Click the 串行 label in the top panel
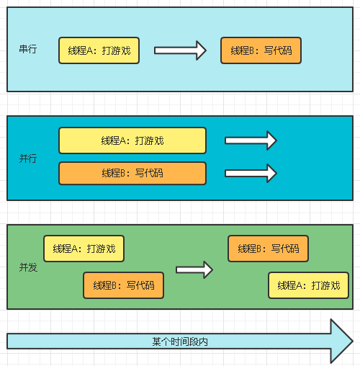pyautogui.click(x=28, y=49)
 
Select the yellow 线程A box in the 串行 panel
pyautogui.click(x=99, y=50)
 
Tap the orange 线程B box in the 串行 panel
pyautogui.click(x=261, y=50)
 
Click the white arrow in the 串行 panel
pyautogui.click(x=180, y=50)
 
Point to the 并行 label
pyautogui.click(x=28, y=159)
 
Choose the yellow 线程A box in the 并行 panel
pyautogui.click(x=132, y=140)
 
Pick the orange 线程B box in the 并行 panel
pyautogui.click(x=132, y=173)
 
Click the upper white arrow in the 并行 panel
pyautogui.click(x=251, y=140)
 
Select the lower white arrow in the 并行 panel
pyautogui.click(x=251, y=173)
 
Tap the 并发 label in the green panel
pyautogui.click(x=28, y=267)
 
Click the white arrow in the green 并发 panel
pyautogui.click(x=194, y=269)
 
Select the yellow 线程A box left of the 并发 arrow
pyautogui.click(x=84, y=249)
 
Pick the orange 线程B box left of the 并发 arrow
pyautogui.click(x=124, y=285)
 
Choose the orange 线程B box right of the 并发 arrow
pyautogui.click(x=268, y=249)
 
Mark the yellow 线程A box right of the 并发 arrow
pyautogui.click(x=308, y=285)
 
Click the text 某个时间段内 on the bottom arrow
pyautogui.click(x=180, y=342)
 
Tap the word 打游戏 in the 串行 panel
pyautogui.click(x=117, y=50)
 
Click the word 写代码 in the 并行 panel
pyautogui.click(x=149, y=173)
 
